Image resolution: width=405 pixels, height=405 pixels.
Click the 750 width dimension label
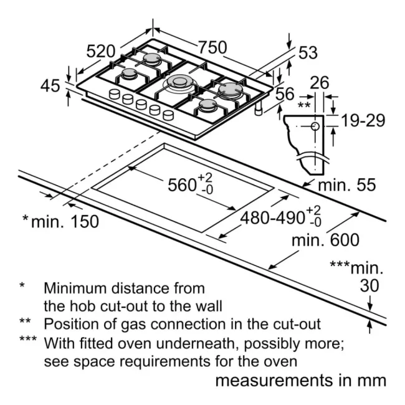[212, 47]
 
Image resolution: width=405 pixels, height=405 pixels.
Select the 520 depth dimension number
[100, 51]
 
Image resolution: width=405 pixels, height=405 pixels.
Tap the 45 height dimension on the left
[50, 86]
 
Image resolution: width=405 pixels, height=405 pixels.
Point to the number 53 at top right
[308, 53]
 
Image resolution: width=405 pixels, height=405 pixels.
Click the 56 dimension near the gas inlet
[285, 93]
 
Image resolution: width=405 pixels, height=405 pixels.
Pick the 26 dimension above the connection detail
[320, 83]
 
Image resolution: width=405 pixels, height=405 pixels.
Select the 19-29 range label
[363, 120]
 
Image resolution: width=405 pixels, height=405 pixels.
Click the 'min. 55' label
[346, 185]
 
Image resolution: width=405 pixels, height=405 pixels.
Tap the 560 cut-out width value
[182, 185]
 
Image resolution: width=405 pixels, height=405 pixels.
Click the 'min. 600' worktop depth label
[325, 240]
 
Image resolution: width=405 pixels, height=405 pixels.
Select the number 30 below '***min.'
[369, 285]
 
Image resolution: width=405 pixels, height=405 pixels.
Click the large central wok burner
[179, 83]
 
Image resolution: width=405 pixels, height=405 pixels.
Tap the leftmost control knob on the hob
[115, 94]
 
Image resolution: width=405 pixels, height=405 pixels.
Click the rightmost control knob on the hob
[168, 115]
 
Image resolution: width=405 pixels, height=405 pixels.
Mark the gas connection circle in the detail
[315, 126]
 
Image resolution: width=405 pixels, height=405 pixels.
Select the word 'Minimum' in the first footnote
[77, 288]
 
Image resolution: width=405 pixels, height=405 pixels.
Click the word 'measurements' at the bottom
[274, 381]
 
